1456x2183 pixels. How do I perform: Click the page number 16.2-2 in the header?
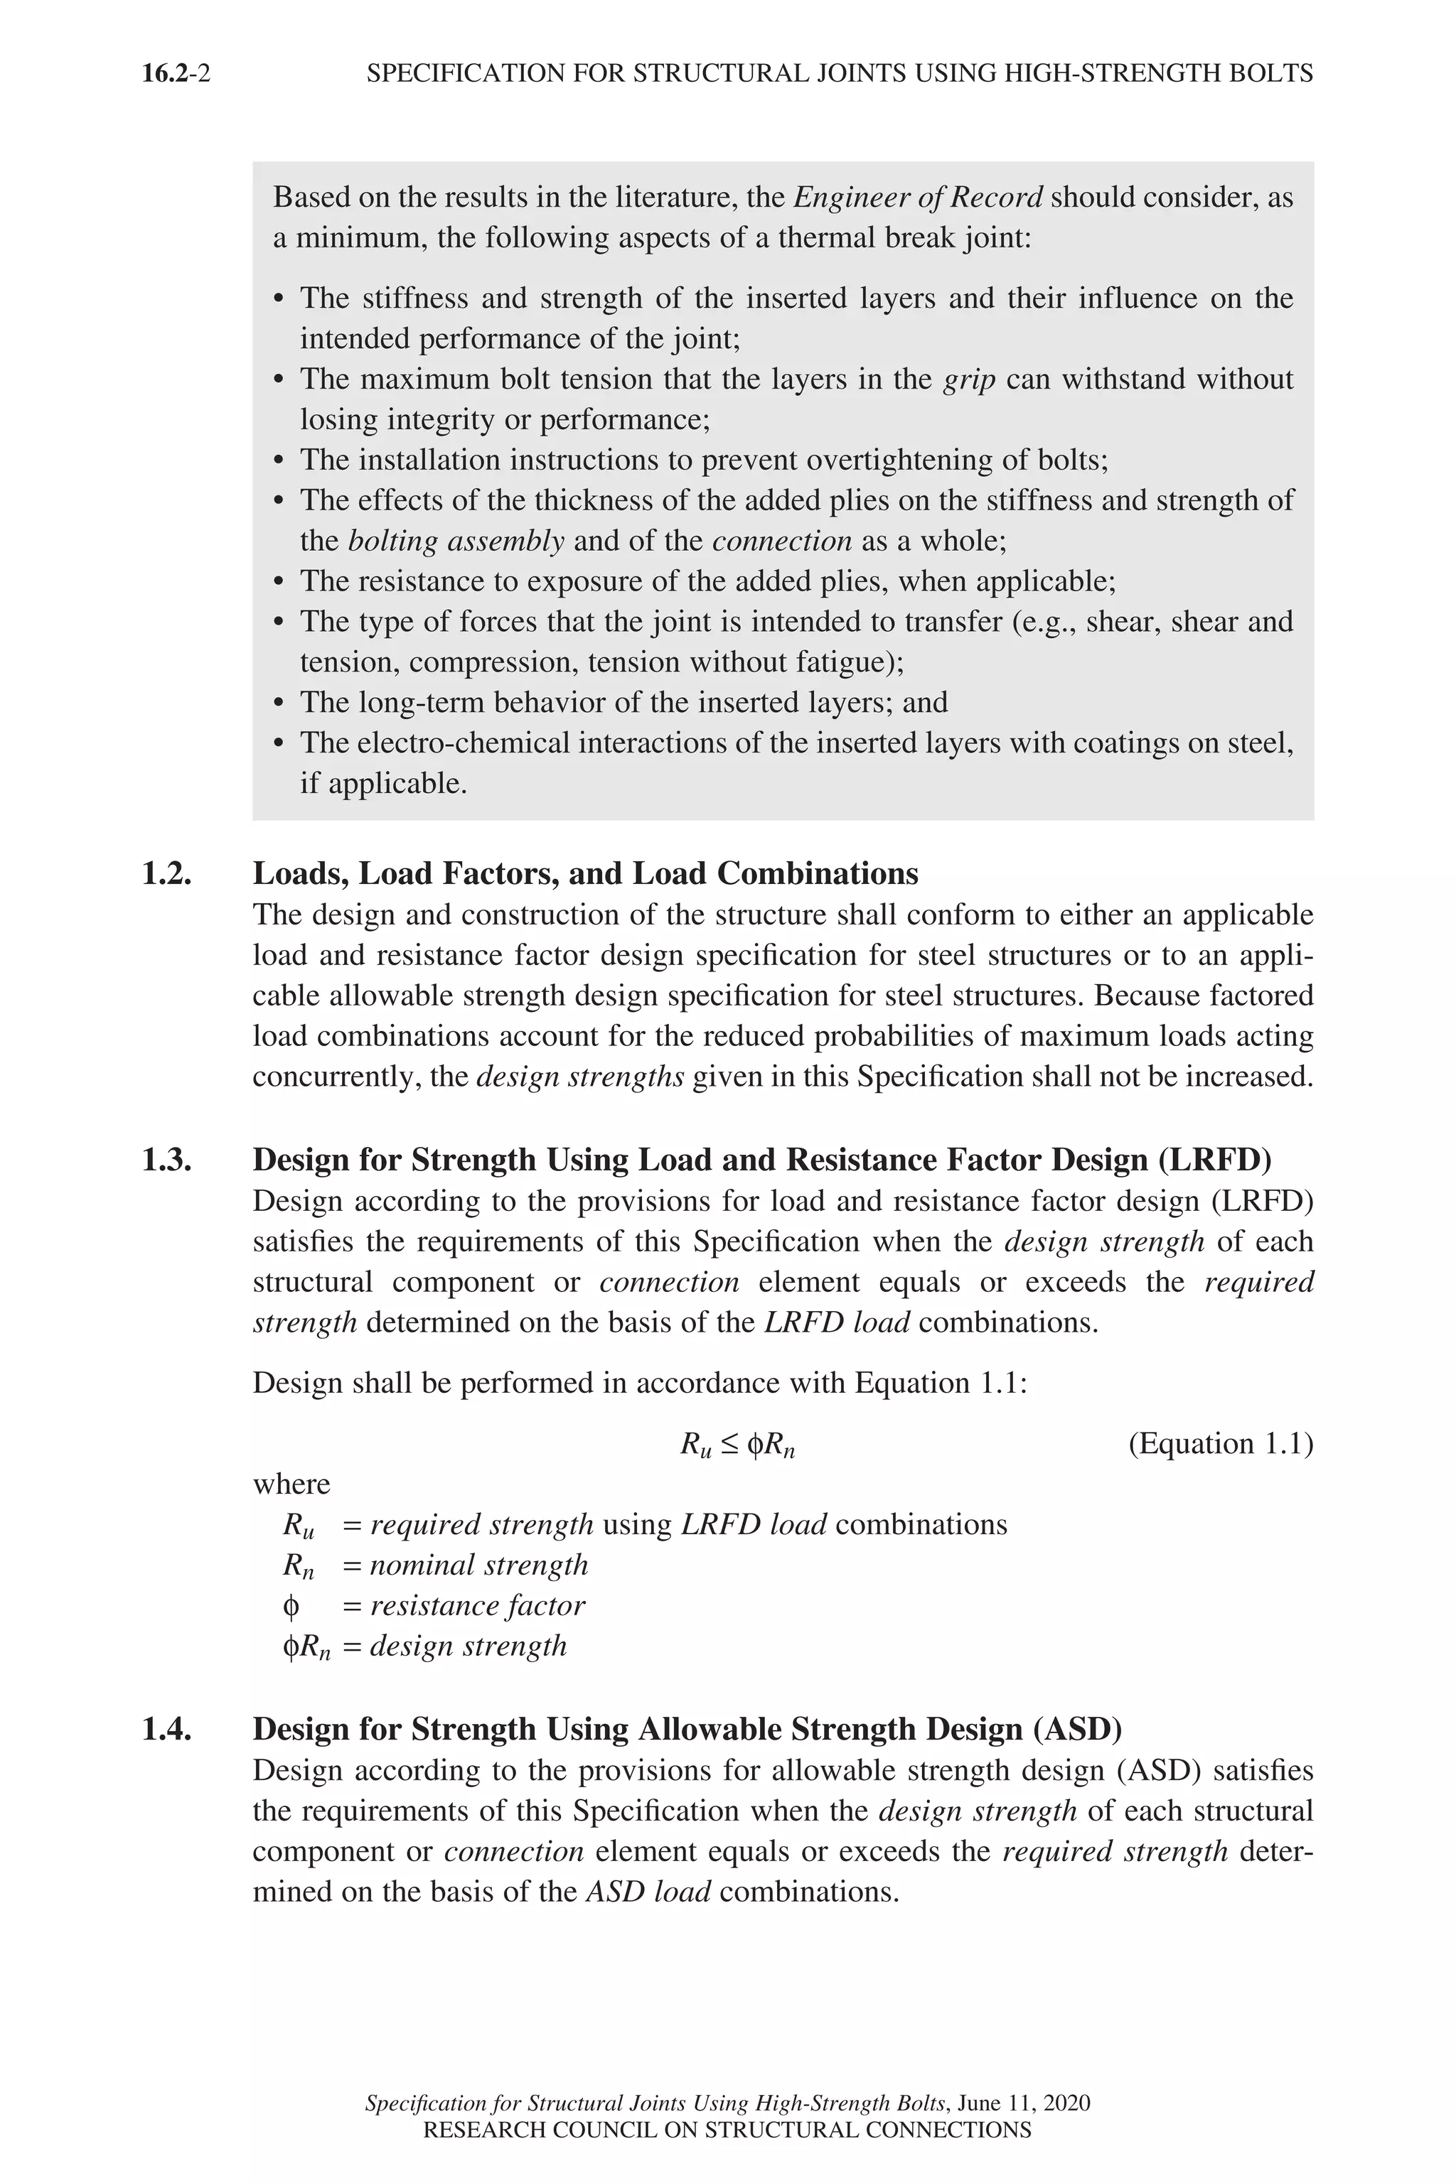176,72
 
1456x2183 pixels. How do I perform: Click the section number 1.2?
167,873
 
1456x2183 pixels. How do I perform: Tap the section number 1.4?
167,1729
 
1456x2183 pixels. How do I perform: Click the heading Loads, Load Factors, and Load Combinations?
585,873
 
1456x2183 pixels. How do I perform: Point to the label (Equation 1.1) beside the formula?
1220,1443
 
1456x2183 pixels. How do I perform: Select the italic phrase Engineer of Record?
919,197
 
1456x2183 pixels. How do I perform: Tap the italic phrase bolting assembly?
456,541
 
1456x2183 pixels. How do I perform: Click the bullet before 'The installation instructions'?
279,461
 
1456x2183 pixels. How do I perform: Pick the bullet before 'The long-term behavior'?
279,704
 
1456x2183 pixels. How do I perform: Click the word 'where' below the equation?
291,1484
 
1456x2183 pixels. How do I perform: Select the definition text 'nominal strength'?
479,1565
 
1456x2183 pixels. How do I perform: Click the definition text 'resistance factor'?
477,1606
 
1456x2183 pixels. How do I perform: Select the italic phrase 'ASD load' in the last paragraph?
648,1892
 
